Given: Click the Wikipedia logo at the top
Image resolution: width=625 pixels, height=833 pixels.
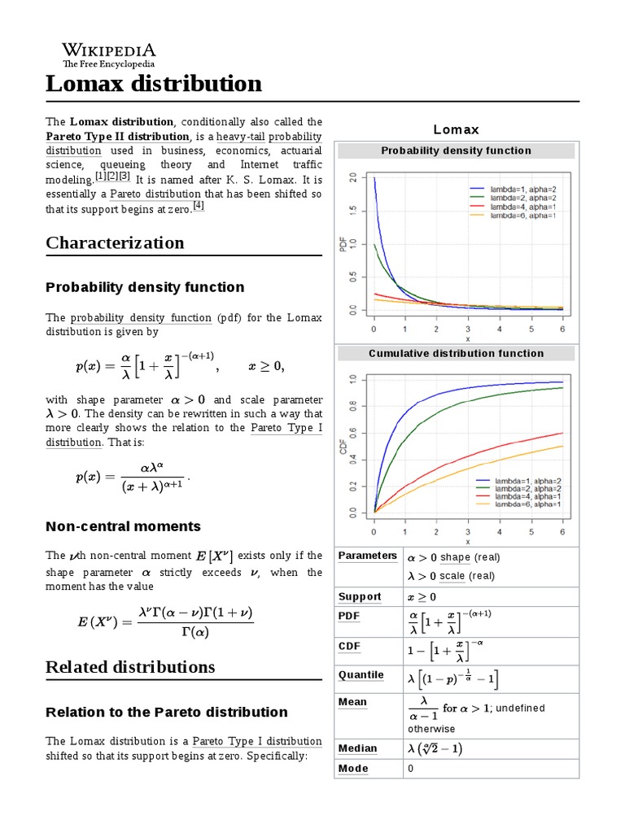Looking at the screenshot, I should coord(109,54).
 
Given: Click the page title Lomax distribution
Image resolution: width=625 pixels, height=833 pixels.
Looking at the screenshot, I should coord(154,84).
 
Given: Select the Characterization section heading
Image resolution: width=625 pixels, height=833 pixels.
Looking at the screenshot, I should coord(115,242).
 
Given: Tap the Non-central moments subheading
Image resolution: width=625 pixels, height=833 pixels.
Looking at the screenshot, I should coord(123,526).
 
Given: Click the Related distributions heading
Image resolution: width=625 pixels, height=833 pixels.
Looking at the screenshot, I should coord(130,667).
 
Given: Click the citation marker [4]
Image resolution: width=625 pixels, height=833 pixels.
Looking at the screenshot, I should coord(199,206).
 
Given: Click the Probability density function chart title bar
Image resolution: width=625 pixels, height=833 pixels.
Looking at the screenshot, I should coord(456,150).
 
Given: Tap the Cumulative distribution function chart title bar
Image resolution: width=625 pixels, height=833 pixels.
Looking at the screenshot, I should coord(456,353).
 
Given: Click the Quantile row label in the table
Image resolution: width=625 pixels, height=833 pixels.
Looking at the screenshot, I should coord(361,675).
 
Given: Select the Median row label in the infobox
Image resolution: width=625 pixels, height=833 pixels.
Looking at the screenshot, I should coord(358,748).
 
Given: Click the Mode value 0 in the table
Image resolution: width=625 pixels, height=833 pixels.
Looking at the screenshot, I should coord(411,769).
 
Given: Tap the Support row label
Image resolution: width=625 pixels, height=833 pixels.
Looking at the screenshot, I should coord(360,597).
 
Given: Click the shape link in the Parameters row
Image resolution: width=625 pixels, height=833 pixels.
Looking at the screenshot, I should coord(455,557).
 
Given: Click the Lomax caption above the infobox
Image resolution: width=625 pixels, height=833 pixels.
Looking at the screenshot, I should coord(456,129).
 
